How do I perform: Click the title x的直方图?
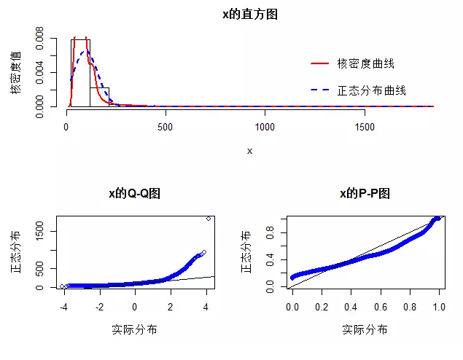pyautogui.click(x=249, y=15)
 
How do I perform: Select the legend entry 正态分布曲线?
pyautogui.click(x=370, y=91)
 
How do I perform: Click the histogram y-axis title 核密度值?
pyautogui.click(x=16, y=72)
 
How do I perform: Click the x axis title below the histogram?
pyautogui.click(x=249, y=151)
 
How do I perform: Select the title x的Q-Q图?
pyautogui.click(x=134, y=194)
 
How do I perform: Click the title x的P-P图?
pyautogui.click(x=365, y=194)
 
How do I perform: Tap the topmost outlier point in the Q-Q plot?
pyautogui.click(x=209, y=219)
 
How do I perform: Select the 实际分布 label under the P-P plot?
pyautogui.click(x=365, y=330)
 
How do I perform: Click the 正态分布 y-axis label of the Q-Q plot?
pyautogui.click(x=16, y=252)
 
